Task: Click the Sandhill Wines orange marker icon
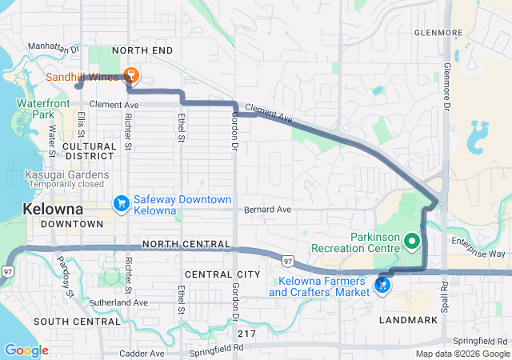tap(132, 76)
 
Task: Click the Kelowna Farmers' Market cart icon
tap(382, 283)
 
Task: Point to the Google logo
tap(26, 350)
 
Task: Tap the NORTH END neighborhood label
tap(142, 50)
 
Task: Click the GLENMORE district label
tap(438, 33)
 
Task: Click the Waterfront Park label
tap(40, 109)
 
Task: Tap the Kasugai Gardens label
tap(55, 174)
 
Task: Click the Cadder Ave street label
tap(142, 353)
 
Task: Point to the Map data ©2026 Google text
tap(461, 354)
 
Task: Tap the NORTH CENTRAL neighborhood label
tap(186, 243)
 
